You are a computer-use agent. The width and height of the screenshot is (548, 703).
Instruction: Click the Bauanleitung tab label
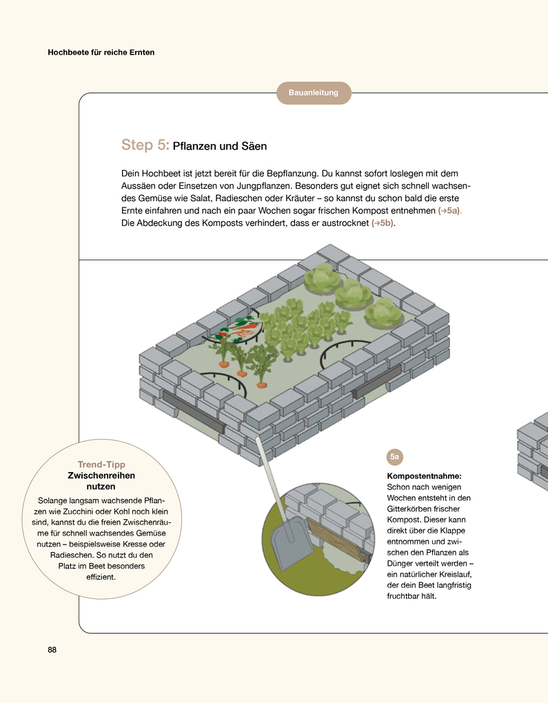[314, 93]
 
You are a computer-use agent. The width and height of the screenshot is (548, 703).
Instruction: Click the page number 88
[52, 650]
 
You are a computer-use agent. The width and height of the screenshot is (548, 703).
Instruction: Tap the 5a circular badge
[395, 457]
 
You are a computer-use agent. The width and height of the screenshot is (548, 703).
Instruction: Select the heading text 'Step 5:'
[145, 145]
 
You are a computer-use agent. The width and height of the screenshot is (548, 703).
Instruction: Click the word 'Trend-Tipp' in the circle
[101, 465]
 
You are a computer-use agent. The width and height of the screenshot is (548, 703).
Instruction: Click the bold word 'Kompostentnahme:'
[424, 476]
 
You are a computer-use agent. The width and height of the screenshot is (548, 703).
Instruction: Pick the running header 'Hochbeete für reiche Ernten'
[101, 52]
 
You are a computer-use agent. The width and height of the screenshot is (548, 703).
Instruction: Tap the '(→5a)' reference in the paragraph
[450, 211]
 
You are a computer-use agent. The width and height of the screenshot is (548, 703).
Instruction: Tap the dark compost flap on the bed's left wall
[193, 411]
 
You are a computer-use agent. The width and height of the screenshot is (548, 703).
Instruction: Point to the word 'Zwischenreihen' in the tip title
[101, 476]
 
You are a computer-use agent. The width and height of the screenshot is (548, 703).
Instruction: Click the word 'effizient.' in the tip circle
[101, 577]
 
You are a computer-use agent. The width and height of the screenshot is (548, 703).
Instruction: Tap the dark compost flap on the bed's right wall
[376, 382]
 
